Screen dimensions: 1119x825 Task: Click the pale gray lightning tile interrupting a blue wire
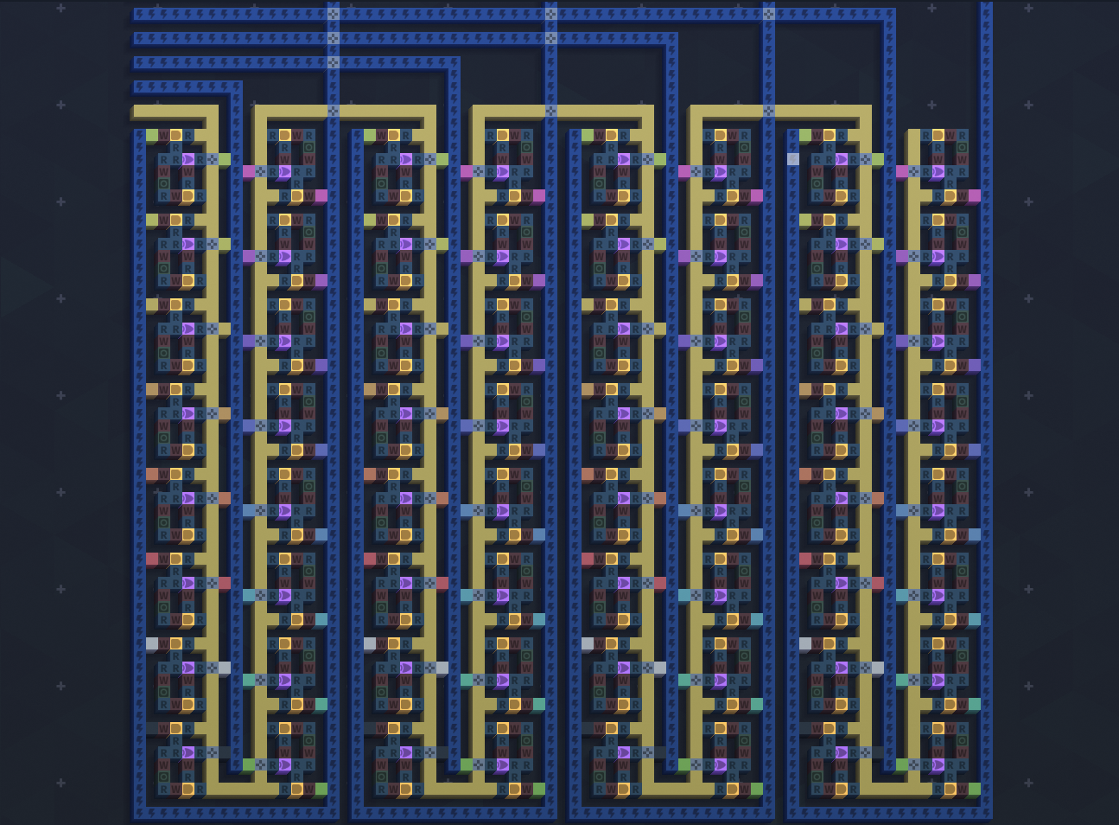pos(793,159)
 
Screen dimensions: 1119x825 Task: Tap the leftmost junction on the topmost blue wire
pos(334,14)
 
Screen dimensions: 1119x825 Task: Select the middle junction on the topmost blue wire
pos(551,14)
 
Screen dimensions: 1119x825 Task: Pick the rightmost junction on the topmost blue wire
pos(769,14)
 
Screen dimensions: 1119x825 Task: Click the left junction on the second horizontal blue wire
pos(334,38)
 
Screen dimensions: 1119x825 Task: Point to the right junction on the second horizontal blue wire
pos(551,38)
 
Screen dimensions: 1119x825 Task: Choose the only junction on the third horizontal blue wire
pos(334,62)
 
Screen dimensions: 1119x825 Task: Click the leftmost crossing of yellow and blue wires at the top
pos(334,111)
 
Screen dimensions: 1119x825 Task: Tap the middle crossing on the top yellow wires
pos(551,111)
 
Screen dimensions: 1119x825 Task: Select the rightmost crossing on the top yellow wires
pos(769,111)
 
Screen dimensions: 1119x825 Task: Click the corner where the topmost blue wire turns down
pos(890,14)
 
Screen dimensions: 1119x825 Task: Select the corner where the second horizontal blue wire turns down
pos(672,38)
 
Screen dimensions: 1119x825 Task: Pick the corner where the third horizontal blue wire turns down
pos(455,62)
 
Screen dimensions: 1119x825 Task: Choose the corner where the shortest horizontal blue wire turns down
pos(237,86)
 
